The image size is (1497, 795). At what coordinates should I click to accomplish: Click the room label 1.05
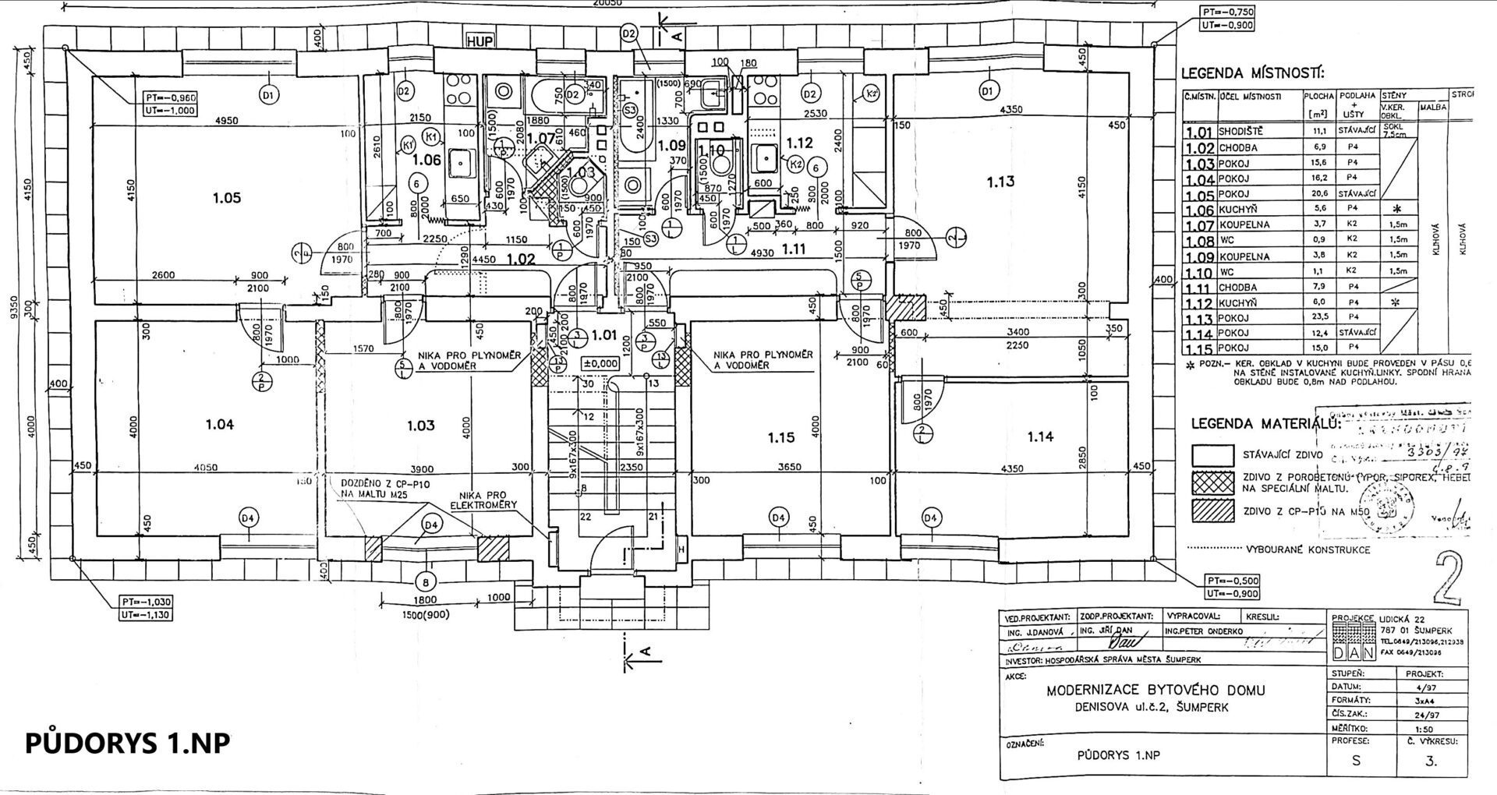[x=227, y=198]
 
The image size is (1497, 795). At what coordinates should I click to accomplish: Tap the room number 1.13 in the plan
[x=1000, y=182]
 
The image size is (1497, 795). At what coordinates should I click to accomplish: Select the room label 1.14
[x=1040, y=436]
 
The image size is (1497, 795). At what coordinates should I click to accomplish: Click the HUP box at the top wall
[x=480, y=41]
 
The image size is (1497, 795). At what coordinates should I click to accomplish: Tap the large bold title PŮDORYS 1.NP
[x=128, y=743]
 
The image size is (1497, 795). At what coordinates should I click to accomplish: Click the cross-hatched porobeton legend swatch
[x=1214, y=483]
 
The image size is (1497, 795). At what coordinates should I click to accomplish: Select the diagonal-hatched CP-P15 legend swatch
[x=1214, y=511]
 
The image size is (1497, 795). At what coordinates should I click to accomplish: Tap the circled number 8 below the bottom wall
[x=425, y=581]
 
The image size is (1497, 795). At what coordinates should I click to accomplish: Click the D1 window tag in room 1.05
[x=268, y=96]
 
